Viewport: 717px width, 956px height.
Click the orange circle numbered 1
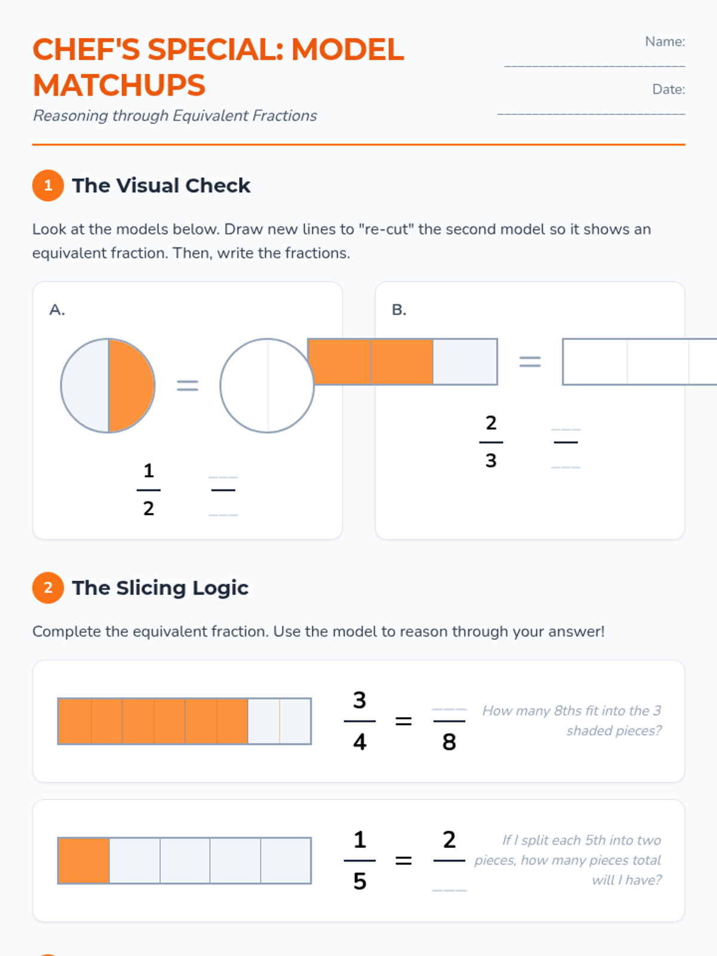tap(48, 186)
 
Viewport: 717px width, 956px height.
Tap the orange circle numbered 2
tap(48, 587)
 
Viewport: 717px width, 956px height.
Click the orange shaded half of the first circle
tap(131, 385)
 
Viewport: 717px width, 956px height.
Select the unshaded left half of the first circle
tap(85, 385)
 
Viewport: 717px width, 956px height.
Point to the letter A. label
tap(57, 310)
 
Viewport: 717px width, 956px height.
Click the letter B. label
tap(399, 310)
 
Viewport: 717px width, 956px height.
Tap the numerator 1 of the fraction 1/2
tap(148, 471)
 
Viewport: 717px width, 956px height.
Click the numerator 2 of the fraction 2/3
tap(491, 423)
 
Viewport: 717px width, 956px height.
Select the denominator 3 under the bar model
tap(491, 460)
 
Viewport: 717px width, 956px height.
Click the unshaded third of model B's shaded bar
tap(465, 361)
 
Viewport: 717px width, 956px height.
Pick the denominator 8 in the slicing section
tap(449, 741)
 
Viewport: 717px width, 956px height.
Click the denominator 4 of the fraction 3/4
tap(360, 741)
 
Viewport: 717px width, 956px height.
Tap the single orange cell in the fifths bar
tap(84, 860)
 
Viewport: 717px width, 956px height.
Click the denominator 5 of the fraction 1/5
tap(360, 881)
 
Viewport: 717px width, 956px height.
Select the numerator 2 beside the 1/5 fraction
tap(449, 839)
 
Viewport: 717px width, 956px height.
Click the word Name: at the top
tap(665, 41)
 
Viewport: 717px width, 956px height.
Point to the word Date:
tap(669, 89)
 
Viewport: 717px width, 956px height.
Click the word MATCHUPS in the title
tap(119, 85)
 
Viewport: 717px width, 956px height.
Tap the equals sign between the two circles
tap(188, 385)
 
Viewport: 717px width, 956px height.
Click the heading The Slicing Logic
tap(160, 588)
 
